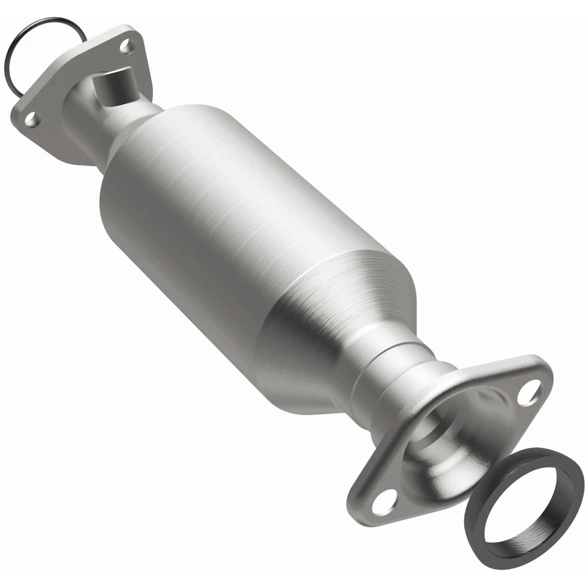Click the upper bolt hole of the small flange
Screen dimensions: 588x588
click(x=127, y=45)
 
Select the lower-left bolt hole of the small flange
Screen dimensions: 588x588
click(x=30, y=120)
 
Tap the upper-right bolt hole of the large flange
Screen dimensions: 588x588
click(x=528, y=393)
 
